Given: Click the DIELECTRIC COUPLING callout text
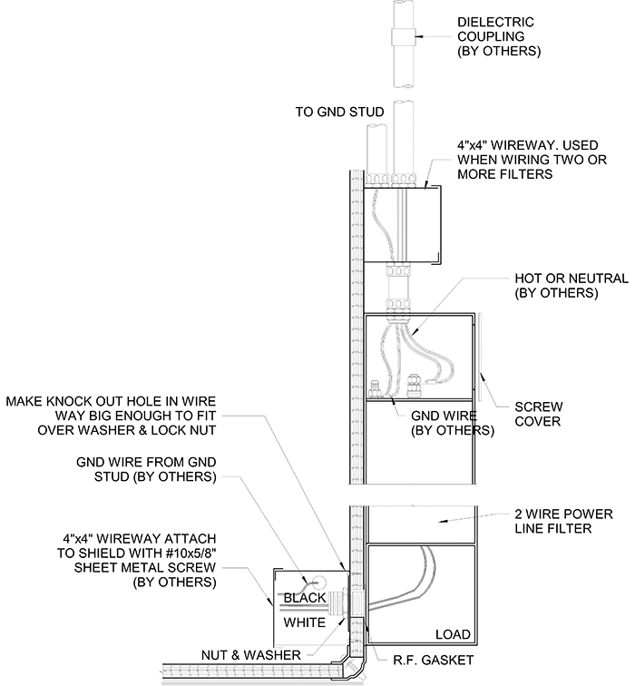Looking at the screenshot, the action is (x=499, y=36).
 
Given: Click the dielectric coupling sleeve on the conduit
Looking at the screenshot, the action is (x=403, y=36).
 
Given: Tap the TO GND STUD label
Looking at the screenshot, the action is (x=339, y=112).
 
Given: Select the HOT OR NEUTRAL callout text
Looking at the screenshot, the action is (x=571, y=285).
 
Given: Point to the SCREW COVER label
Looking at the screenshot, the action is (x=538, y=414).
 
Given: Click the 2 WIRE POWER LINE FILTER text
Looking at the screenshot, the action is (x=563, y=521).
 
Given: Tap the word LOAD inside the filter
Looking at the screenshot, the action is (x=453, y=634).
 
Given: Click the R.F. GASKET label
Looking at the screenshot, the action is (x=433, y=660).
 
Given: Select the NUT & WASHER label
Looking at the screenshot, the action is (x=251, y=655).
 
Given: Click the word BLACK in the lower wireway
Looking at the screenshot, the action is (x=305, y=598).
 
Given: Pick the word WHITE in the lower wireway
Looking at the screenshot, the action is (x=305, y=622).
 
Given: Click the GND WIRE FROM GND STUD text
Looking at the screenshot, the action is (x=146, y=469).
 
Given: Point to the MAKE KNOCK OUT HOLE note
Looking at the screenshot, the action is (x=111, y=416).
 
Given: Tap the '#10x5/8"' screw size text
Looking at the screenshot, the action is (x=190, y=553).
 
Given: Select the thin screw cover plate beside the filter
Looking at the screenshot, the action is (x=480, y=357).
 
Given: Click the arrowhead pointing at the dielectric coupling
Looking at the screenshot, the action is (x=418, y=36).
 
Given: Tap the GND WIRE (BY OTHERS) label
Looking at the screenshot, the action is (x=452, y=423).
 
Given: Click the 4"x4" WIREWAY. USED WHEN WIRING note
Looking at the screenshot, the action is (x=532, y=160).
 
